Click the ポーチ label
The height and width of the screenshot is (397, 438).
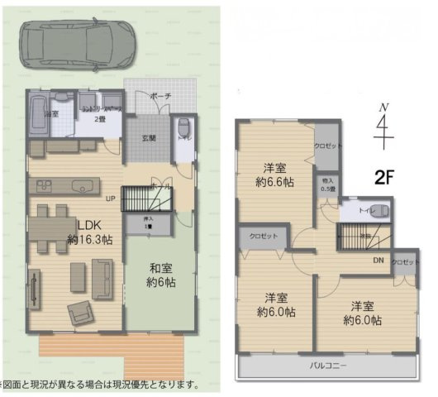[x=160, y=98]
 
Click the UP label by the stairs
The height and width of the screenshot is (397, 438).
[x=110, y=198]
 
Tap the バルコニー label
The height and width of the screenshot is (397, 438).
[x=329, y=364]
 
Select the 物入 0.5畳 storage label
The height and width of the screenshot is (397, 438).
[x=327, y=184]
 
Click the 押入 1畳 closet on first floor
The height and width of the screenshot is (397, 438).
[x=148, y=224]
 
